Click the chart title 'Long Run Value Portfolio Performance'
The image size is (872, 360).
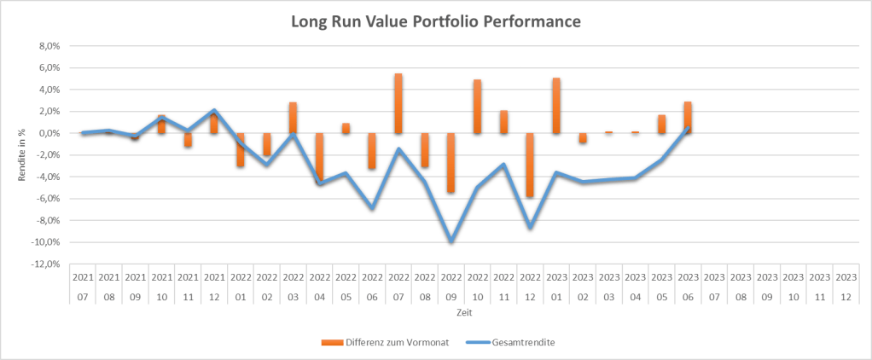[435, 21]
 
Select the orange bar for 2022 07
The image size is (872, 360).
[398, 103]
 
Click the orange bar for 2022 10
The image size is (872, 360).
[477, 107]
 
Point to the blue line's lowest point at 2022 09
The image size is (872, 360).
[451, 241]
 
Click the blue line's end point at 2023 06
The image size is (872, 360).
[689, 128]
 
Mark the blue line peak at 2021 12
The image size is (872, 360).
[214, 111]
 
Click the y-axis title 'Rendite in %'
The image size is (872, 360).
[21, 154]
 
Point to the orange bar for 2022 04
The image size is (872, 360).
[319, 158]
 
